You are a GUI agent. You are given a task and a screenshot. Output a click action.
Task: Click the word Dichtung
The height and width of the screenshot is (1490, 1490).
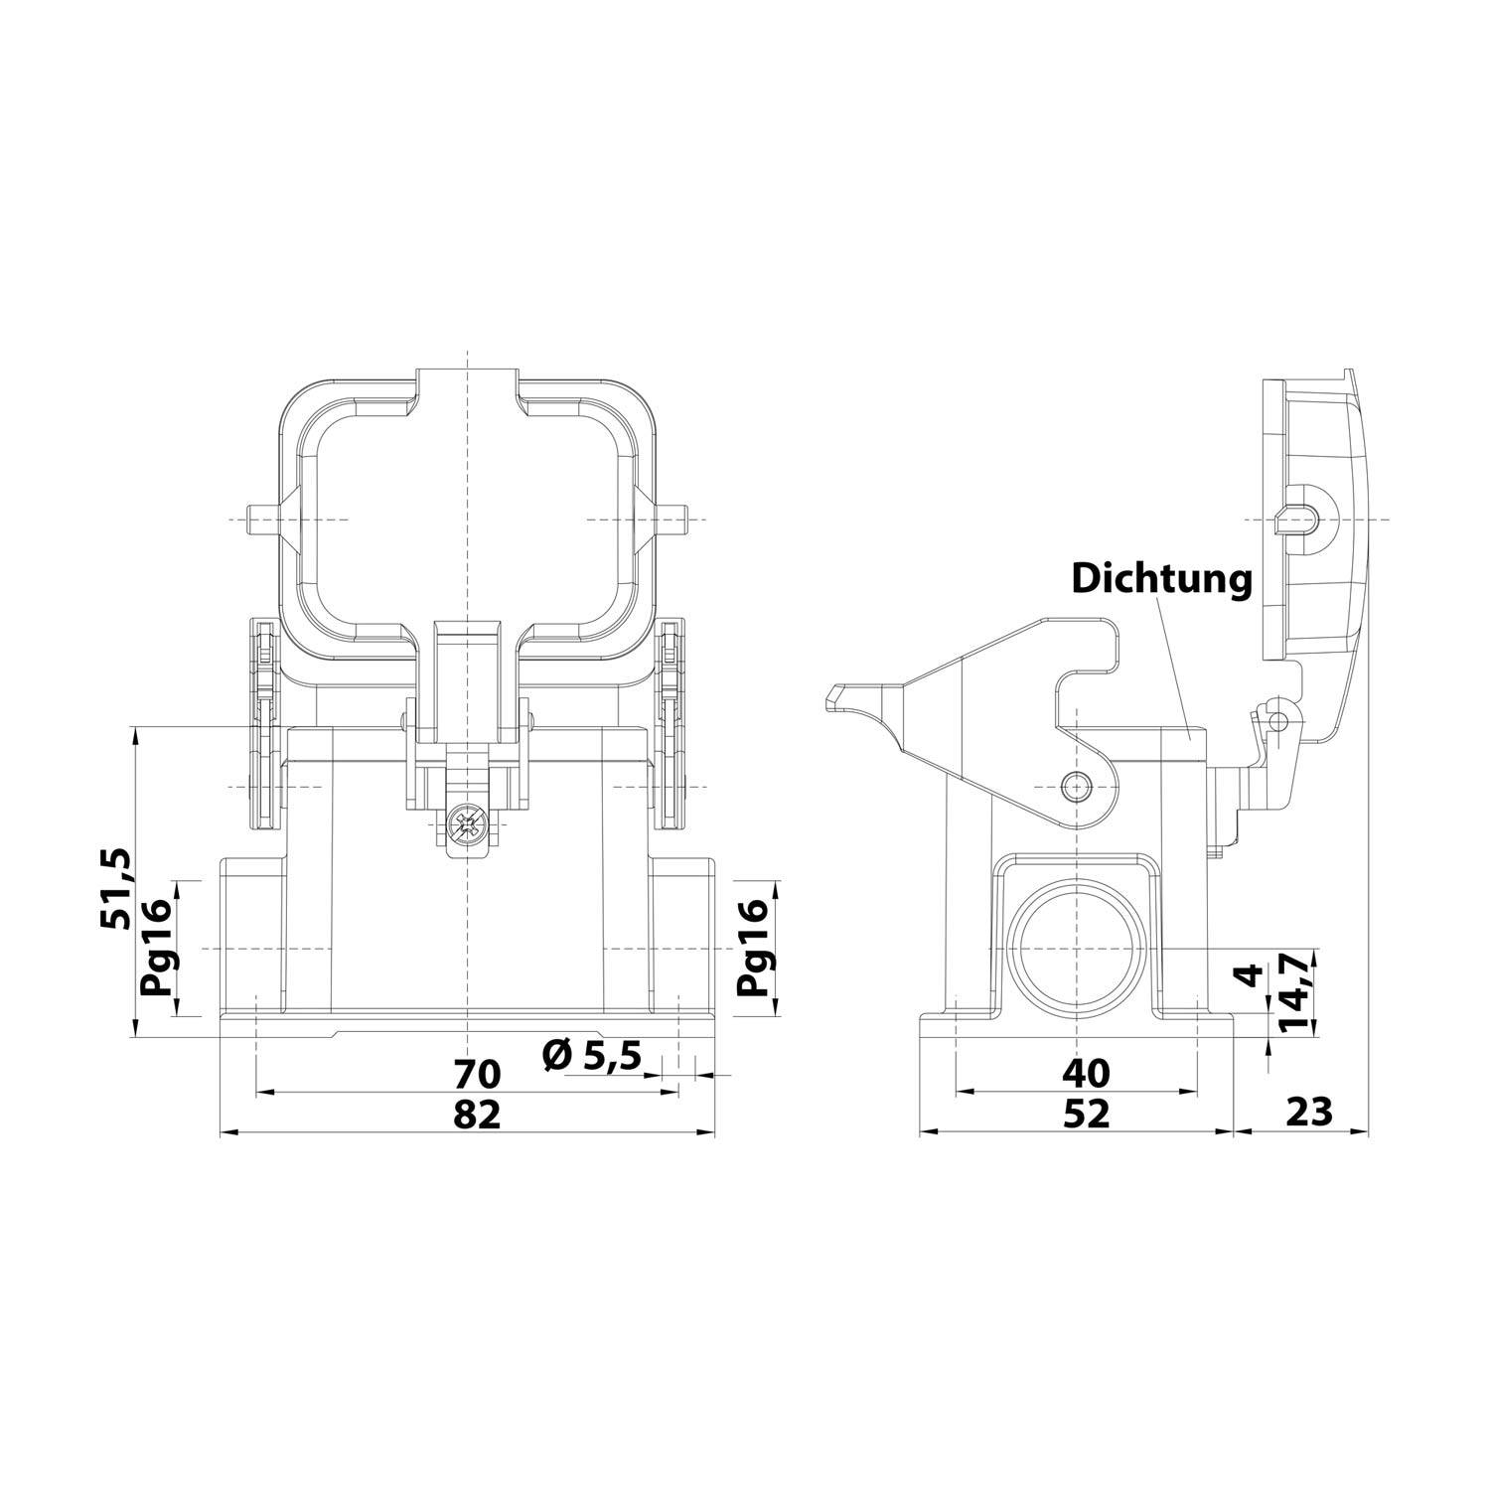pos(1161,579)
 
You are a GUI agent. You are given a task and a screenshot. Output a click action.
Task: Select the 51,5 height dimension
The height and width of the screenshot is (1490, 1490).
pos(116,889)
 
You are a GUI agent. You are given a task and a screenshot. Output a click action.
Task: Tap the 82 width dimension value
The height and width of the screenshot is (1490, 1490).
pos(477,1115)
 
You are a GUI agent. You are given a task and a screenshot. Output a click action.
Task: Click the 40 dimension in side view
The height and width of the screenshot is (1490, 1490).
pos(1085,1073)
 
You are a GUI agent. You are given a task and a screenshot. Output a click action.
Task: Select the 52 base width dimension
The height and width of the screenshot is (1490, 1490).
pos(1085,1115)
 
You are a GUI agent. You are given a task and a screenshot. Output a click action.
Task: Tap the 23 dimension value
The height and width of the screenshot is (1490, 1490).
pos(1309,1113)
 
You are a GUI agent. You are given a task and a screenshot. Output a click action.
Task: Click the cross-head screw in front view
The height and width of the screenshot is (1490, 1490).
pos(467,823)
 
